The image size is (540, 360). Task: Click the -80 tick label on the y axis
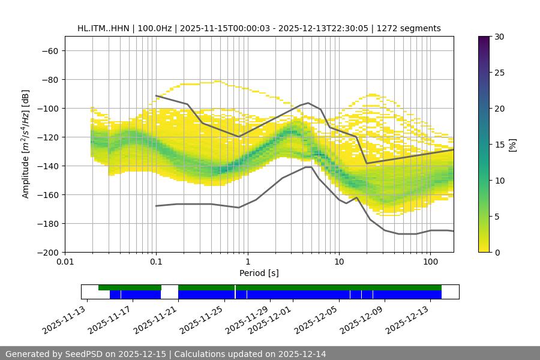[48, 79]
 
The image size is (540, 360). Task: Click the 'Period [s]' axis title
[259, 273]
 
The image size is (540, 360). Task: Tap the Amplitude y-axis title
[26, 144]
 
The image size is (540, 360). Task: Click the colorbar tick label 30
[499, 37]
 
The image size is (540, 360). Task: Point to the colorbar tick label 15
[499, 145]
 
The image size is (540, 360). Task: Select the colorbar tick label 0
[496, 252]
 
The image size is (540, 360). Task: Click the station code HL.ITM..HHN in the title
[104, 28]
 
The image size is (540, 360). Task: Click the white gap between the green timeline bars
[170, 288]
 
